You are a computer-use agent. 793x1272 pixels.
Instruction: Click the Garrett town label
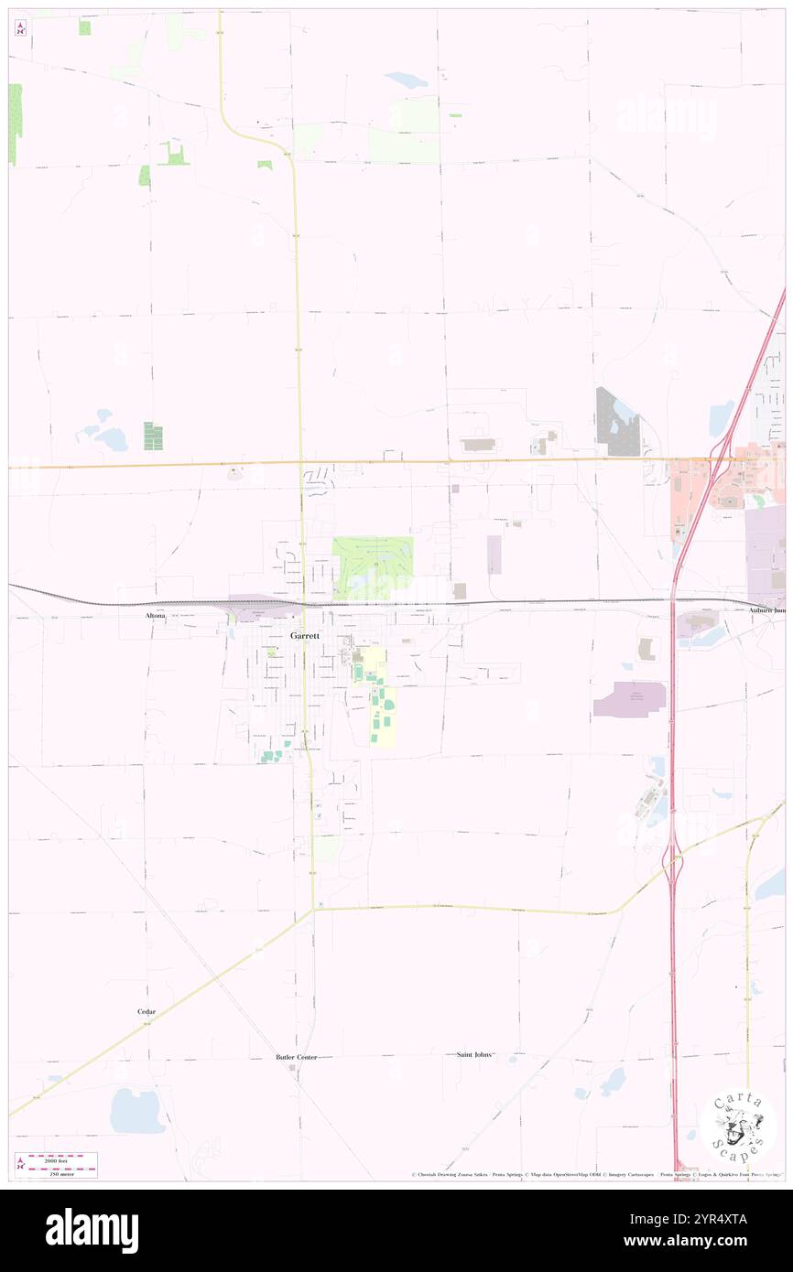click(305, 635)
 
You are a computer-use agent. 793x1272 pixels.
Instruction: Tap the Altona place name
click(156, 617)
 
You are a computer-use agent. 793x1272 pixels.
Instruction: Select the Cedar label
click(147, 1011)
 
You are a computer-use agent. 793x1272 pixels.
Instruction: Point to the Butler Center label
click(296, 1057)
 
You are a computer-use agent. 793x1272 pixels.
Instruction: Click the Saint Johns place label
click(474, 1054)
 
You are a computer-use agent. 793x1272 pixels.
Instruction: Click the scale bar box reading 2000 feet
click(57, 1164)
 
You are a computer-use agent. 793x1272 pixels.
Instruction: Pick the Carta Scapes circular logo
click(738, 1126)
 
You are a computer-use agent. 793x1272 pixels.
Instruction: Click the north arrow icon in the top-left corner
click(20, 27)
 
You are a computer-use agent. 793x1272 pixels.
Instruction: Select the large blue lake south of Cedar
click(136, 1111)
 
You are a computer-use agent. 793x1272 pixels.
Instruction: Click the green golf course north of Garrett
click(372, 567)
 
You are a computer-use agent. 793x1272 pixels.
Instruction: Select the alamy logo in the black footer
click(92, 1230)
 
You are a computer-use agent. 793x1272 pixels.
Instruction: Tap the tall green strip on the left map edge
click(15, 124)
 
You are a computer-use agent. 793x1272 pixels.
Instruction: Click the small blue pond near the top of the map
click(406, 80)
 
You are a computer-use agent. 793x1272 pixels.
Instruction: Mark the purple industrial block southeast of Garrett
click(629, 699)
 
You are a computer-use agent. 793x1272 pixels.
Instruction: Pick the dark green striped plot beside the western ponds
click(153, 436)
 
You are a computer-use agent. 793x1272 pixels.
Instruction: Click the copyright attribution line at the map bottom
click(595, 1175)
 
